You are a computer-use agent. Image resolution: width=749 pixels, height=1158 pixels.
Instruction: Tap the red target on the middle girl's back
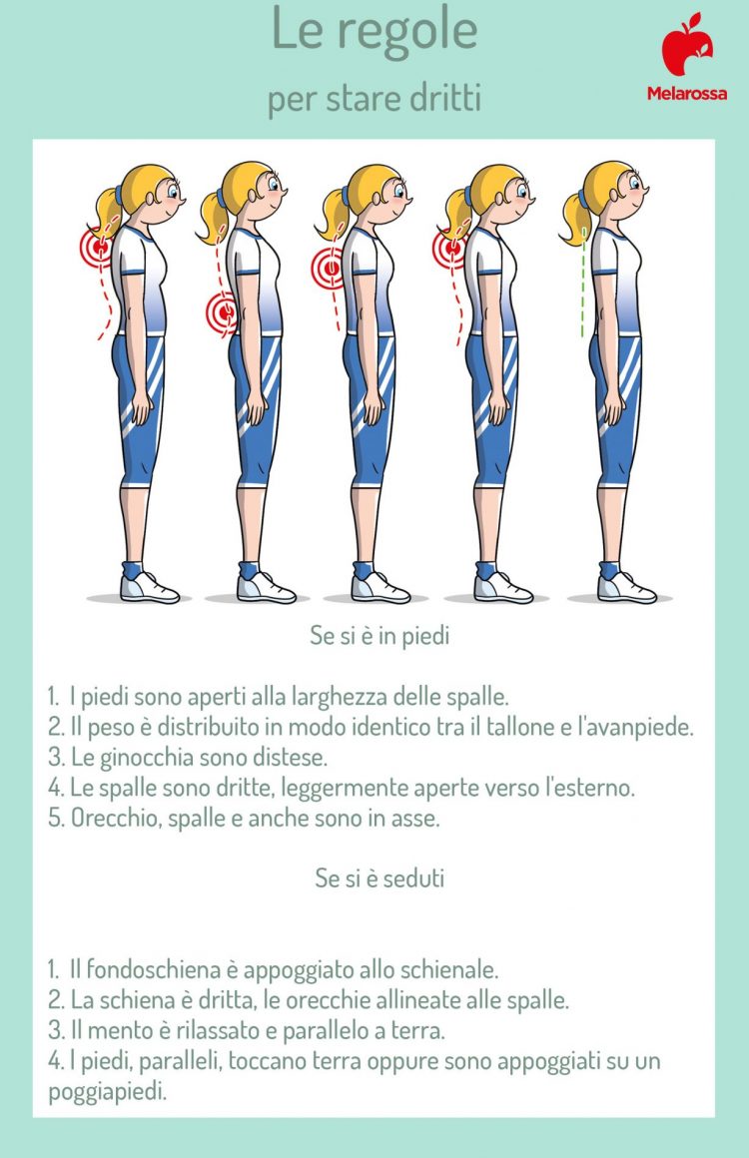tap(329, 268)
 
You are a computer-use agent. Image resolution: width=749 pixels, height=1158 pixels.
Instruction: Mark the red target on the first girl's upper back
tap(98, 244)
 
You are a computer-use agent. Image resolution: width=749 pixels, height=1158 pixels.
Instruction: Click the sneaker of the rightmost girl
tap(626, 586)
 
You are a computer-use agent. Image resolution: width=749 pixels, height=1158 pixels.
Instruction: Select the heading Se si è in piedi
tap(378, 636)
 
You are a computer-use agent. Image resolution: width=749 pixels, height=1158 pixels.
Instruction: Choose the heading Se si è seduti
tap(379, 878)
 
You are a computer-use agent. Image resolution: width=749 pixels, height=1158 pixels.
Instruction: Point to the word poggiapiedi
tap(105, 1091)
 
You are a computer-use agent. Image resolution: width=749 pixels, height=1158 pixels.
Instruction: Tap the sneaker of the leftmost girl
tap(151, 586)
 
